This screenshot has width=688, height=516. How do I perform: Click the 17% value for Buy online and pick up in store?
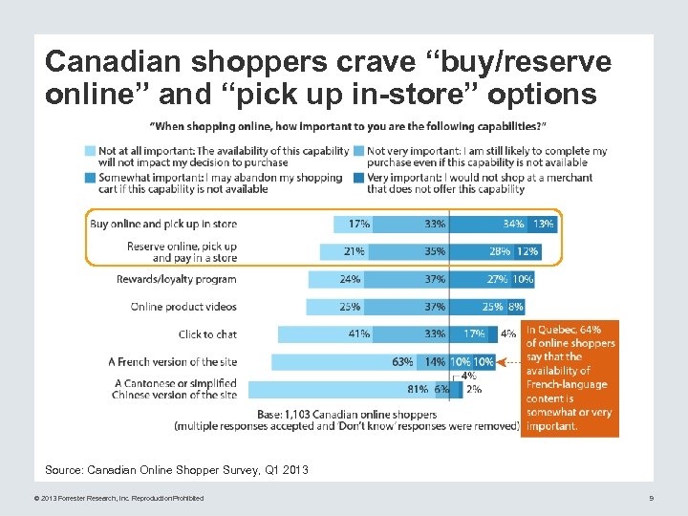pos(359,224)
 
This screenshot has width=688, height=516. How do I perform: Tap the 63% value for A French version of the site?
pos(401,362)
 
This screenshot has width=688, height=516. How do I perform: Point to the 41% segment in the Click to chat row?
pos(359,334)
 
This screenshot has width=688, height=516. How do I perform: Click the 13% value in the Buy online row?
pos(543,224)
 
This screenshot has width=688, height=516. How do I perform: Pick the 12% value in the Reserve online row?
pos(527,251)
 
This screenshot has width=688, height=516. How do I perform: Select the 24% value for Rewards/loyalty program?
pos(350,279)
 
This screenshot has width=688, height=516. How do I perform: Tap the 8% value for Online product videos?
pos(516,307)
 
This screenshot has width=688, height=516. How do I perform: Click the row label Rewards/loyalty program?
pos(176,279)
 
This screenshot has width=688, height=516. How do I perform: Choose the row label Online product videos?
pos(183,307)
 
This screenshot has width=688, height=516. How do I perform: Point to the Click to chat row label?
pos(207,334)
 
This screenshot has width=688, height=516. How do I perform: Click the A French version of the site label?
pos(172,362)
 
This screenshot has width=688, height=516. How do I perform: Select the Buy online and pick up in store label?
pos(162,224)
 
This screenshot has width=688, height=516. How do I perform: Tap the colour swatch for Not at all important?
pos(90,151)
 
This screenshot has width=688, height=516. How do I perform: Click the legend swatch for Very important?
pos(358,178)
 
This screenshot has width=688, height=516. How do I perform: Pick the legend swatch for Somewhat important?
pos(90,178)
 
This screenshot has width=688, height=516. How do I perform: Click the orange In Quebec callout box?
pos(570,377)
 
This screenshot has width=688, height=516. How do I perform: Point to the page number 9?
pos(651,498)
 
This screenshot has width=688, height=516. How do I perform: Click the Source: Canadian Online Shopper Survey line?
pos(177,470)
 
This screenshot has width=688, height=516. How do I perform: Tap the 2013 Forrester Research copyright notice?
pos(118,498)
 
